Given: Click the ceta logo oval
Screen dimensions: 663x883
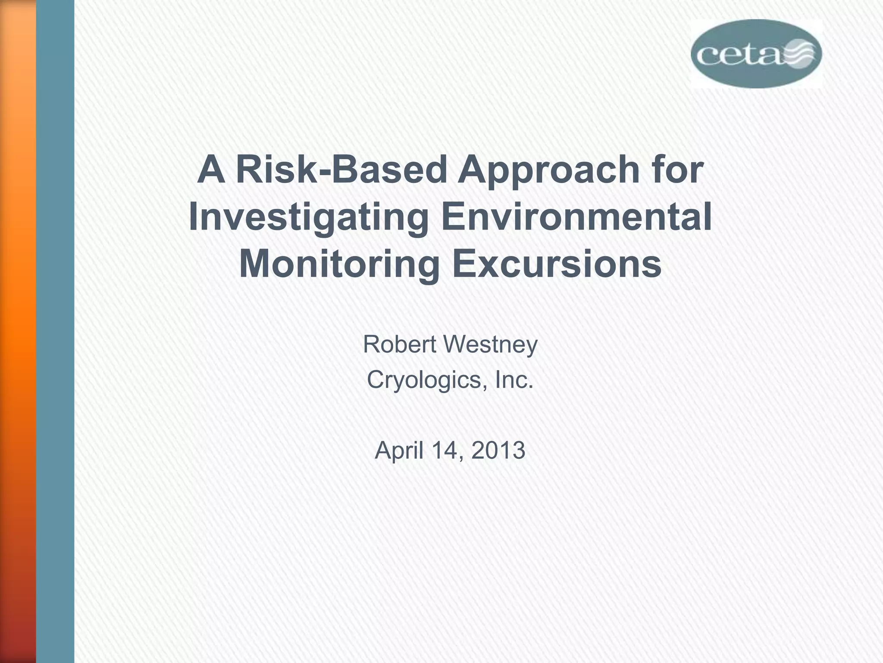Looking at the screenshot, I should (756, 54).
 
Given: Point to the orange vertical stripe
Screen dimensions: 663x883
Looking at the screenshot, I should (18, 331).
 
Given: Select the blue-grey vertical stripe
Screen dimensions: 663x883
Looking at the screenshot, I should (55, 331).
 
